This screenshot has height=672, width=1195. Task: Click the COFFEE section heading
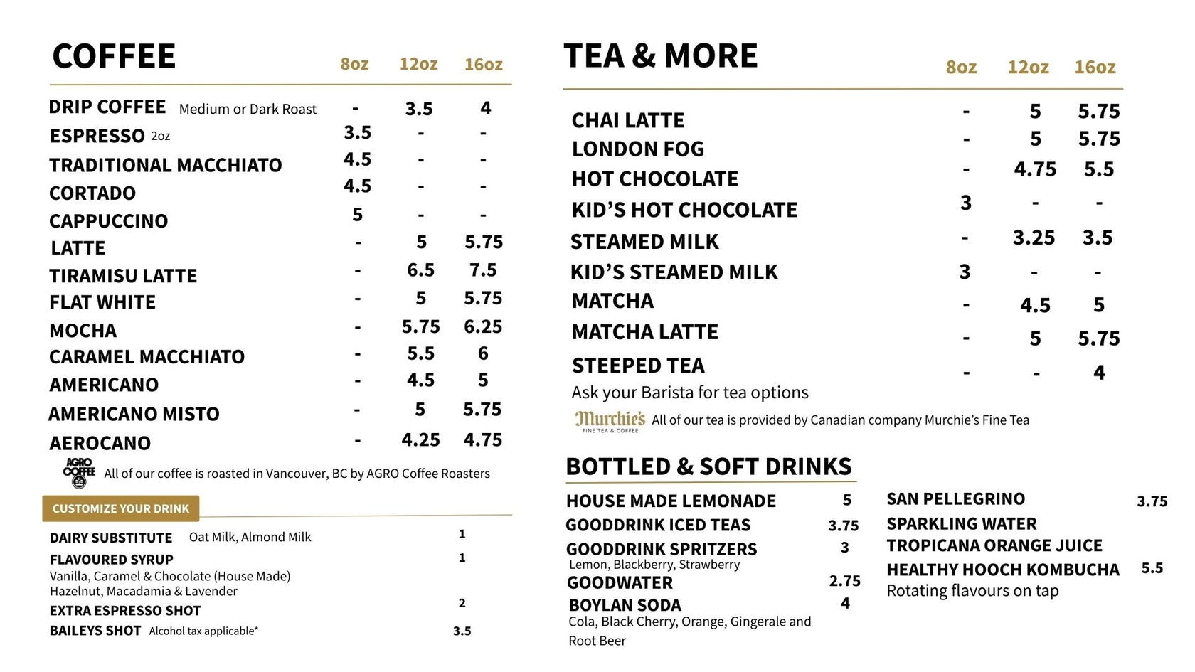[114, 57]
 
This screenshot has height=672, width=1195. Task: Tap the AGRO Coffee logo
[79, 472]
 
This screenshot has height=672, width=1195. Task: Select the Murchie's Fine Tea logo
[610, 421]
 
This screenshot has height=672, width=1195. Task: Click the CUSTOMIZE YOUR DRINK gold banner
[121, 508]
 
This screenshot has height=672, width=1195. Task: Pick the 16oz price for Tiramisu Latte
[483, 270]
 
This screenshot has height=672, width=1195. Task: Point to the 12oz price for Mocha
[420, 326]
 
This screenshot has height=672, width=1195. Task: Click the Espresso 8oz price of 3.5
[357, 133]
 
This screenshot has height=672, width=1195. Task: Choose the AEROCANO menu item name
[100, 443]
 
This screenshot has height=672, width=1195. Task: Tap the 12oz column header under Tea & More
[1028, 68]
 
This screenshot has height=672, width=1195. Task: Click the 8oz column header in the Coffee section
[354, 65]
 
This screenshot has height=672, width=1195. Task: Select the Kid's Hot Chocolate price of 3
[965, 203]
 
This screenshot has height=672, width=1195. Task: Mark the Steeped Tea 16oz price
[1099, 373]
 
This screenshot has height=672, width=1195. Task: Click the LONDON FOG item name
[638, 149]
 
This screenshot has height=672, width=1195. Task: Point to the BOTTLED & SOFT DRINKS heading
[708, 466]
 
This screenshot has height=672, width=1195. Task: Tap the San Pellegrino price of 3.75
[1152, 502]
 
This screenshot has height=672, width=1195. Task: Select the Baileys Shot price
[462, 631]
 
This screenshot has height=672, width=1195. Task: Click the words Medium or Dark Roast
[248, 110]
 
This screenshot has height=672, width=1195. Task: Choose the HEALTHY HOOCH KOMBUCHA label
[1003, 570]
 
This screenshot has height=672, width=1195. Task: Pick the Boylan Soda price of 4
[845, 603]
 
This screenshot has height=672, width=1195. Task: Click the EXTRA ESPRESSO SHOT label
[125, 611]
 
